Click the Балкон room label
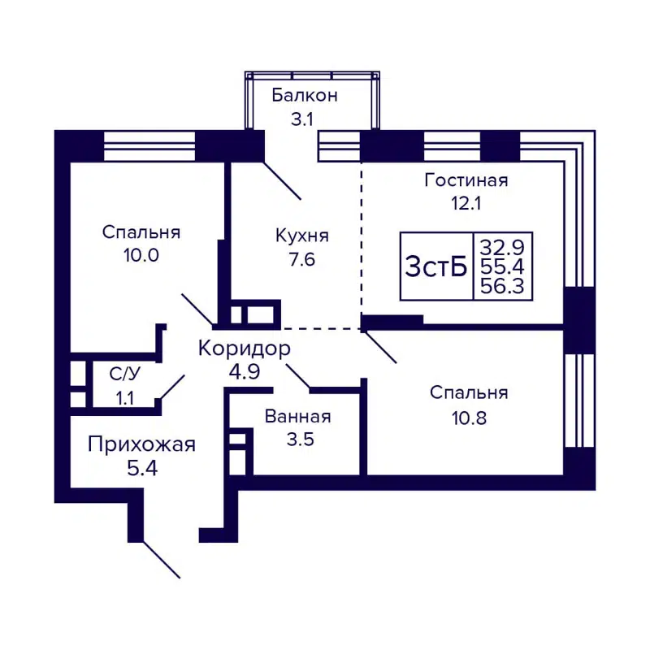coord(305,95)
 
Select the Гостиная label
coord(466,180)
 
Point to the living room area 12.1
coord(466,203)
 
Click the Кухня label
coord(301,236)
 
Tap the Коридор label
coord(244,349)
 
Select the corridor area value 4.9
coord(244,374)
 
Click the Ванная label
coord(297,417)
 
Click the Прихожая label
coord(141,444)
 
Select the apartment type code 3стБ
coord(436,266)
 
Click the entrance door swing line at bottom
coord(161,559)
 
